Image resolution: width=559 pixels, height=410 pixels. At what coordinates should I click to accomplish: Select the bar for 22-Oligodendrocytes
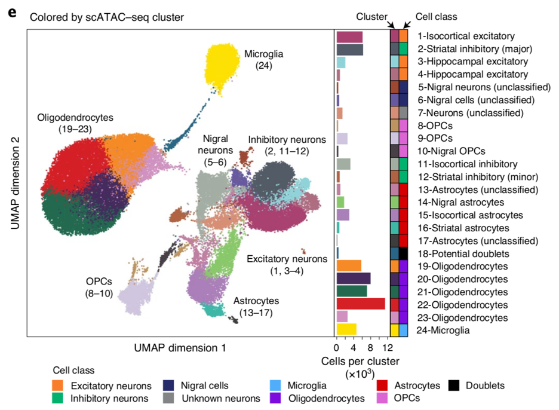coord(361,304)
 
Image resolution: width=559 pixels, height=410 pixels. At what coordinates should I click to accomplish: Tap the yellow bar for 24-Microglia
coord(346,329)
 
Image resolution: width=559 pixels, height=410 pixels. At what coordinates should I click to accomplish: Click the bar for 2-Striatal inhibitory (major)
coord(349,49)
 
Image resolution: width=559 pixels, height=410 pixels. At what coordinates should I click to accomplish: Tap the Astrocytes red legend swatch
coord(383,386)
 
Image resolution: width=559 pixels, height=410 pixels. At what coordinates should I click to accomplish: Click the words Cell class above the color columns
coord(432,17)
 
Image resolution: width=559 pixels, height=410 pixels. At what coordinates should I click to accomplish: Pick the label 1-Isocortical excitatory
coord(466,36)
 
